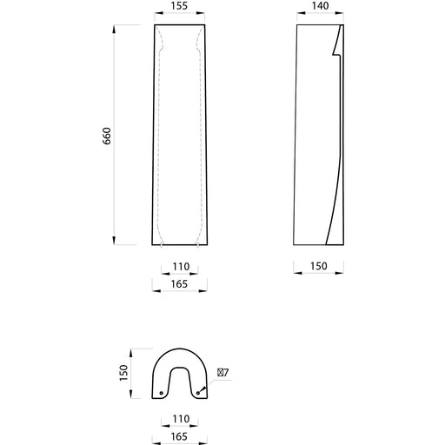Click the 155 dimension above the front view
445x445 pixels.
coord(179,6)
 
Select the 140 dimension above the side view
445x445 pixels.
coord(320,6)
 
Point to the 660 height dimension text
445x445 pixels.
coord(107,136)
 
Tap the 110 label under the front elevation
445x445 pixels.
coord(181,267)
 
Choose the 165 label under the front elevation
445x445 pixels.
coord(179,284)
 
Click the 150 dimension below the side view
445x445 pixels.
coord(319,266)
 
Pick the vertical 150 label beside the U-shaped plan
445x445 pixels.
coord(123,373)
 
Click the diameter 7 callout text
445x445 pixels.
coord(223,372)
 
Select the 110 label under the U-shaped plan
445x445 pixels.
coord(181,419)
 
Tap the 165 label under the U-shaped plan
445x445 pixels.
coord(179,436)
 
